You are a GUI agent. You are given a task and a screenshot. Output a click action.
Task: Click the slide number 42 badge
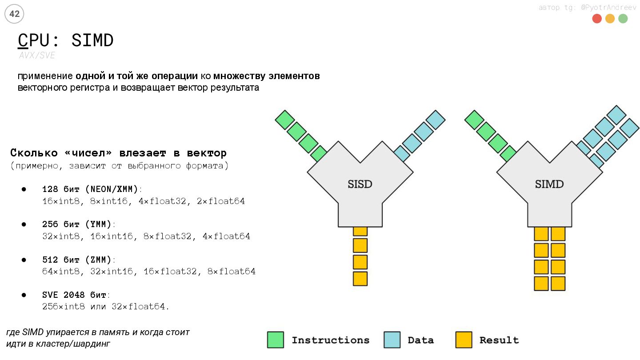tap(14, 14)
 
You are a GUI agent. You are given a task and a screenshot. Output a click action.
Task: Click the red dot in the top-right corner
tap(597, 19)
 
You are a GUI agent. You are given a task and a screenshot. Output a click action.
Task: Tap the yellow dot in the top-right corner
tap(610, 19)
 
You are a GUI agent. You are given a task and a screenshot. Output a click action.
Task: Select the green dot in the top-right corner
tap(623, 19)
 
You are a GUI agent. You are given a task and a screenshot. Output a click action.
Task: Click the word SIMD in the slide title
tap(92, 40)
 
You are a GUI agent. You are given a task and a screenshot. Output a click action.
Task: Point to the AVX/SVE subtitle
tap(37, 56)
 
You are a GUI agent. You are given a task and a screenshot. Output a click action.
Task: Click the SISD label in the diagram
tap(360, 184)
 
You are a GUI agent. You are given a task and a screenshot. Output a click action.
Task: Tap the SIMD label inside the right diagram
tap(549, 184)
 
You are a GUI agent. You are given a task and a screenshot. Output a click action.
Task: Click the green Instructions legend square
tap(276, 340)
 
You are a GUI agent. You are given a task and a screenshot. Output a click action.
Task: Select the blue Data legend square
tap(392, 340)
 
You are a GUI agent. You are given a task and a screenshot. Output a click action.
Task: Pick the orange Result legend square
tap(464, 340)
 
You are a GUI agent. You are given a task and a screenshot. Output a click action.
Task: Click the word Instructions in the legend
tap(330, 340)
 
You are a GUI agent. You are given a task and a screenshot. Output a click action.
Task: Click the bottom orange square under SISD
tap(360, 279)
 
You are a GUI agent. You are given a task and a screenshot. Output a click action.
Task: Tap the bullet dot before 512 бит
tap(24, 260)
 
